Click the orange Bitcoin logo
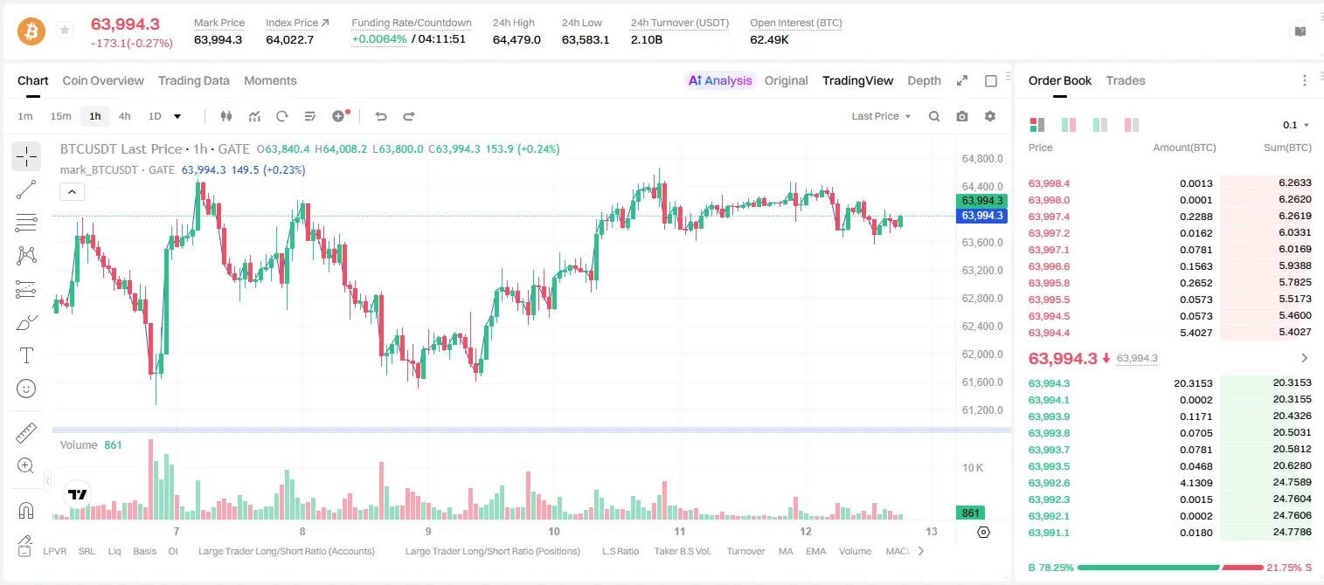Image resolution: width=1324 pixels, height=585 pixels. tap(31, 31)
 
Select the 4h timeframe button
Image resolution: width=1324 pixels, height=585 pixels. tap(124, 116)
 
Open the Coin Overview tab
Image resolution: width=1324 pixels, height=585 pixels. tap(103, 80)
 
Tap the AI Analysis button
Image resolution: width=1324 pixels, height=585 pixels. tap(720, 80)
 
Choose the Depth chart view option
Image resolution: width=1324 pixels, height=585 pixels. tap(924, 80)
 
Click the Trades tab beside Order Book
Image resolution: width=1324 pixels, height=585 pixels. tap(1126, 80)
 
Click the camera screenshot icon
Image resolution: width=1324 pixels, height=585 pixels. tap(962, 116)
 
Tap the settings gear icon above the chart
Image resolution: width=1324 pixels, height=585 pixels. tap(990, 116)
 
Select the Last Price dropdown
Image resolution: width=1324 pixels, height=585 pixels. tap(881, 116)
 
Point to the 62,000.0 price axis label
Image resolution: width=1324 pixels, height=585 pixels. tap(982, 354)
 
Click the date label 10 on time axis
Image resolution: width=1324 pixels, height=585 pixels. tap(554, 531)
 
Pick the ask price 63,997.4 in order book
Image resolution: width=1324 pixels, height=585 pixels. tap(1050, 217)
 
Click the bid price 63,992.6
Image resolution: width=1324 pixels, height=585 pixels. tap(1050, 483)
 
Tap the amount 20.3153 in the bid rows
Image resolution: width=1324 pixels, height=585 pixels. tap(1193, 383)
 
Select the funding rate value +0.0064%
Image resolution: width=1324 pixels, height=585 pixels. tap(379, 39)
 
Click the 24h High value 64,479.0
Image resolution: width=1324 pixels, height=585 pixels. tap(516, 39)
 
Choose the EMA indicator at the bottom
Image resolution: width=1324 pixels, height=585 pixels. tap(815, 551)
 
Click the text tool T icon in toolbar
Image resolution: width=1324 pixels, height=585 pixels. tap(26, 355)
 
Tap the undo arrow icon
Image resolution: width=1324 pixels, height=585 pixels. tap(381, 116)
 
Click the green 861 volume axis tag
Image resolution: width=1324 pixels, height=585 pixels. tap(970, 513)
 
